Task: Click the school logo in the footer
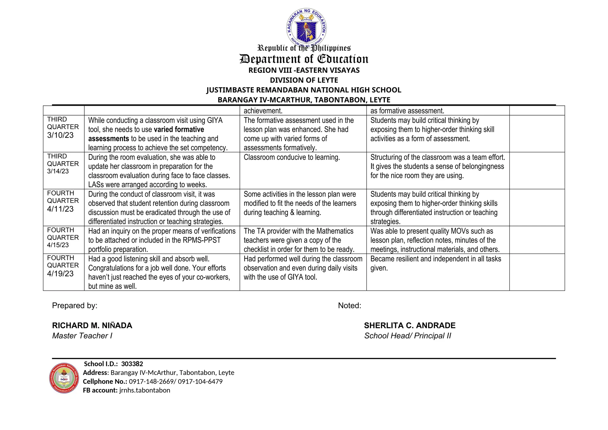tap(64, 378)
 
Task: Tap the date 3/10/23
tap(60, 135)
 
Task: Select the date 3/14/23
tap(58, 171)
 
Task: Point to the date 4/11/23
tap(60, 209)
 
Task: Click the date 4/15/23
tap(58, 245)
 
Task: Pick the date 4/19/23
tap(60, 274)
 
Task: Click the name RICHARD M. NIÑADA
tap(92, 325)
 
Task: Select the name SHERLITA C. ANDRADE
tap(410, 325)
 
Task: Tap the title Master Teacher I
tap(82, 336)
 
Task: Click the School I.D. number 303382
tap(132, 364)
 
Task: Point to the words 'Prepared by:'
tap(75, 306)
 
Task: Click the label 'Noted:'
tap(349, 306)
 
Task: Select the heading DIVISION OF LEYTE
tap(304, 80)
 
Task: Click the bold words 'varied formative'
tap(179, 129)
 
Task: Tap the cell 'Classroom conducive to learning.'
tap(292, 157)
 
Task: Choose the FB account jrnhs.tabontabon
tap(145, 390)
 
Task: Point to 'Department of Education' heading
tap(304, 59)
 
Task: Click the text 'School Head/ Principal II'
tap(408, 336)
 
